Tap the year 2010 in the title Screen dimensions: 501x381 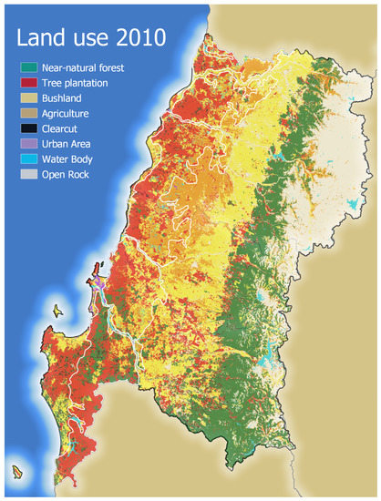pyautogui.click(x=137, y=37)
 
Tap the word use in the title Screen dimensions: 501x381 pyautogui.click(x=89, y=37)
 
